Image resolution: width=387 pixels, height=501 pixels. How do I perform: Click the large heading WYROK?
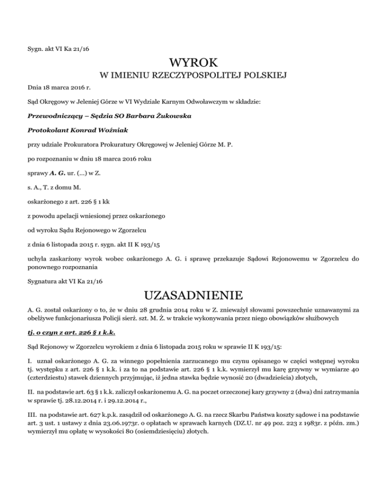tap(193, 64)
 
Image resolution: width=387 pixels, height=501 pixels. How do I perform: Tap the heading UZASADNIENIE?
tap(193, 294)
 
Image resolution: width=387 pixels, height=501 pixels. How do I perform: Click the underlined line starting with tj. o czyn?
tap(66, 334)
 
